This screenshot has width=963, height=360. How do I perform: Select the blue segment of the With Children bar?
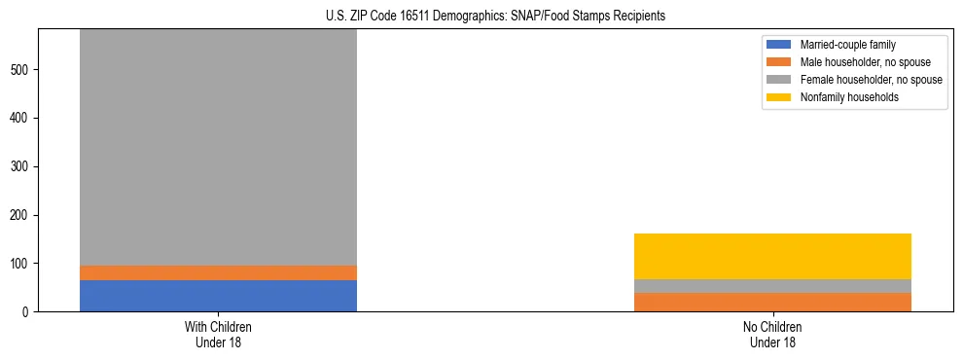(x=218, y=296)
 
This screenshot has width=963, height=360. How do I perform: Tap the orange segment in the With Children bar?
(x=218, y=272)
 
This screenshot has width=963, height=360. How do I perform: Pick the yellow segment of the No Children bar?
(x=772, y=256)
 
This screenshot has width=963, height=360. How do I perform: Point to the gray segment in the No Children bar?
(x=772, y=286)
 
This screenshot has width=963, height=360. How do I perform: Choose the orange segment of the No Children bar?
(x=772, y=302)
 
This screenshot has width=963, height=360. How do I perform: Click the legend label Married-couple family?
(x=847, y=45)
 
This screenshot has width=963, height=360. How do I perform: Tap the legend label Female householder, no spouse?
(x=871, y=80)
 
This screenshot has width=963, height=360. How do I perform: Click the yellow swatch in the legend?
(x=779, y=97)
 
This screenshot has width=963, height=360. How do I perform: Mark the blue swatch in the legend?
(x=779, y=45)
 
